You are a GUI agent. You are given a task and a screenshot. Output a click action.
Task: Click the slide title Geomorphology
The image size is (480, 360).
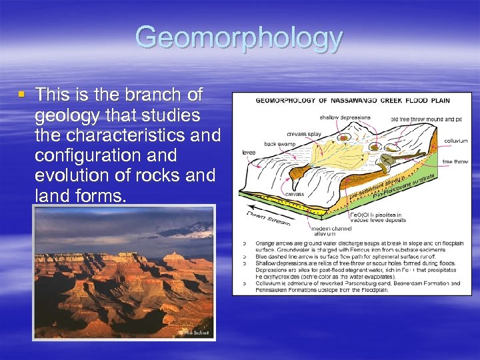239,39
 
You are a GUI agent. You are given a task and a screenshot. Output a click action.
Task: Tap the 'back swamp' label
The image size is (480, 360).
281,143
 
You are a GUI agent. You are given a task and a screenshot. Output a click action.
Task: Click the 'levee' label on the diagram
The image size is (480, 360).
249,152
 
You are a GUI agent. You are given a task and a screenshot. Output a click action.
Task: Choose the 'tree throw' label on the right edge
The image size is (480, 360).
455,162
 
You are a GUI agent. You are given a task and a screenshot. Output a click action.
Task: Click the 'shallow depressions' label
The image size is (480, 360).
345,118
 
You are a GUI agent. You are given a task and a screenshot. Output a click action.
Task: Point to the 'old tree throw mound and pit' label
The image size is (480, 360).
426,119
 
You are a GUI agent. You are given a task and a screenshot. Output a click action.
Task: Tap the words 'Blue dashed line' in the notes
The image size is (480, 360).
275,257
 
